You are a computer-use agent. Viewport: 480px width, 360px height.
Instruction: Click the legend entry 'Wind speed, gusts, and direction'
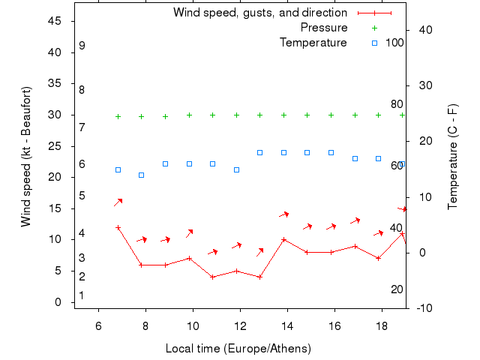pyautogui.click(x=260, y=13)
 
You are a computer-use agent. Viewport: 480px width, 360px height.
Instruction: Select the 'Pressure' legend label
pyautogui.click(x=324, y=28)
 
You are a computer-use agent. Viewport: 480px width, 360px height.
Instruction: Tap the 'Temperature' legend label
pyautogui.click(x=313, y=43)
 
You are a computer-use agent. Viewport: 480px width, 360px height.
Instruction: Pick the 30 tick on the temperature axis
pyautogui.click(x=421, y=85)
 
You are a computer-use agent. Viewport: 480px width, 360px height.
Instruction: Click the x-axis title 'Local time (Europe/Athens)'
pyautogui.click(x=238, y=349)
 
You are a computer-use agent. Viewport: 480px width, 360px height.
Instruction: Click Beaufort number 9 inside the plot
pyautogui.click(x=82, y=46)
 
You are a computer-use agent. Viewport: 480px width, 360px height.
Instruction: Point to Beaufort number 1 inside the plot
pyautogui.click(x=82, y=295)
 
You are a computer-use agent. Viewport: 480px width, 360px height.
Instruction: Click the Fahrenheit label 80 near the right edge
pyautogui.click(x=397, y=104)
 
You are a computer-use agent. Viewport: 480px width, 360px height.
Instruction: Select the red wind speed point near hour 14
pyautogui.click(x=283, y=240)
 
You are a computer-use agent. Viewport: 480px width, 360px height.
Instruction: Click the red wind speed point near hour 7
pyautogui.click(x=118, y=227)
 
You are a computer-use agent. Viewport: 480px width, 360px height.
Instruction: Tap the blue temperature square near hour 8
pyautogui.click(x=141, y=175)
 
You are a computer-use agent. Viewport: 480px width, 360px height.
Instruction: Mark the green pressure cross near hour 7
pyautogui.click(x=118, y=116)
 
